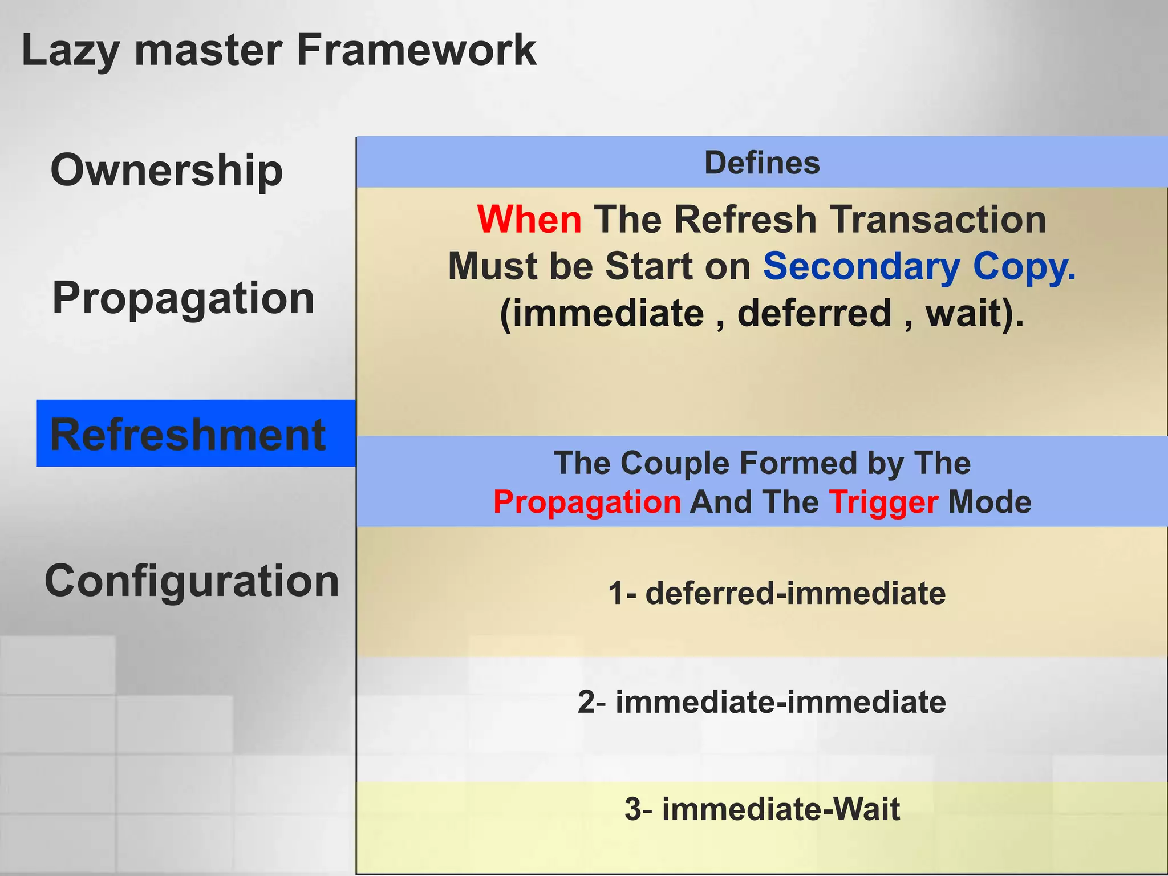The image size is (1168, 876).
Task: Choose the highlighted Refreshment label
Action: coord(188,435)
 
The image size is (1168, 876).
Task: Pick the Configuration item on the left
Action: coord(192,581)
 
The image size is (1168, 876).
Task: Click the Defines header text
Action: coord(762,163)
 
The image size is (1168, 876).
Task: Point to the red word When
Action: coord(529,220)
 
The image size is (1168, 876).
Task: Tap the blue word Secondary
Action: coord(862,266)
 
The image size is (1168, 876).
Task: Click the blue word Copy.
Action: coord(1024,266)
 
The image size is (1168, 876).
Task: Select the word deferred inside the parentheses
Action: coord(814,313)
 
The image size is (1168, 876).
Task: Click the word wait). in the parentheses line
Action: coord(974,313)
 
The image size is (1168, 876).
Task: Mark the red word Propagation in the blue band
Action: coord(587,502)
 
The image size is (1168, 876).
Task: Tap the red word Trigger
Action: coord(883,502)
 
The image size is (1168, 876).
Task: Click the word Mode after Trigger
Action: coord(989,502)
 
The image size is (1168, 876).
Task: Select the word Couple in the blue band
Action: coord(675,463)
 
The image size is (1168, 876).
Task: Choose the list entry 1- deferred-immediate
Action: coord(777,593)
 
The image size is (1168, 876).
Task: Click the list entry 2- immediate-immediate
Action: coord(762,701)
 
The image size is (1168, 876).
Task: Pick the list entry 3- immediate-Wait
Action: coord(762,809)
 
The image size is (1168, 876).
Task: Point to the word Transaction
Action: coord(938,220)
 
